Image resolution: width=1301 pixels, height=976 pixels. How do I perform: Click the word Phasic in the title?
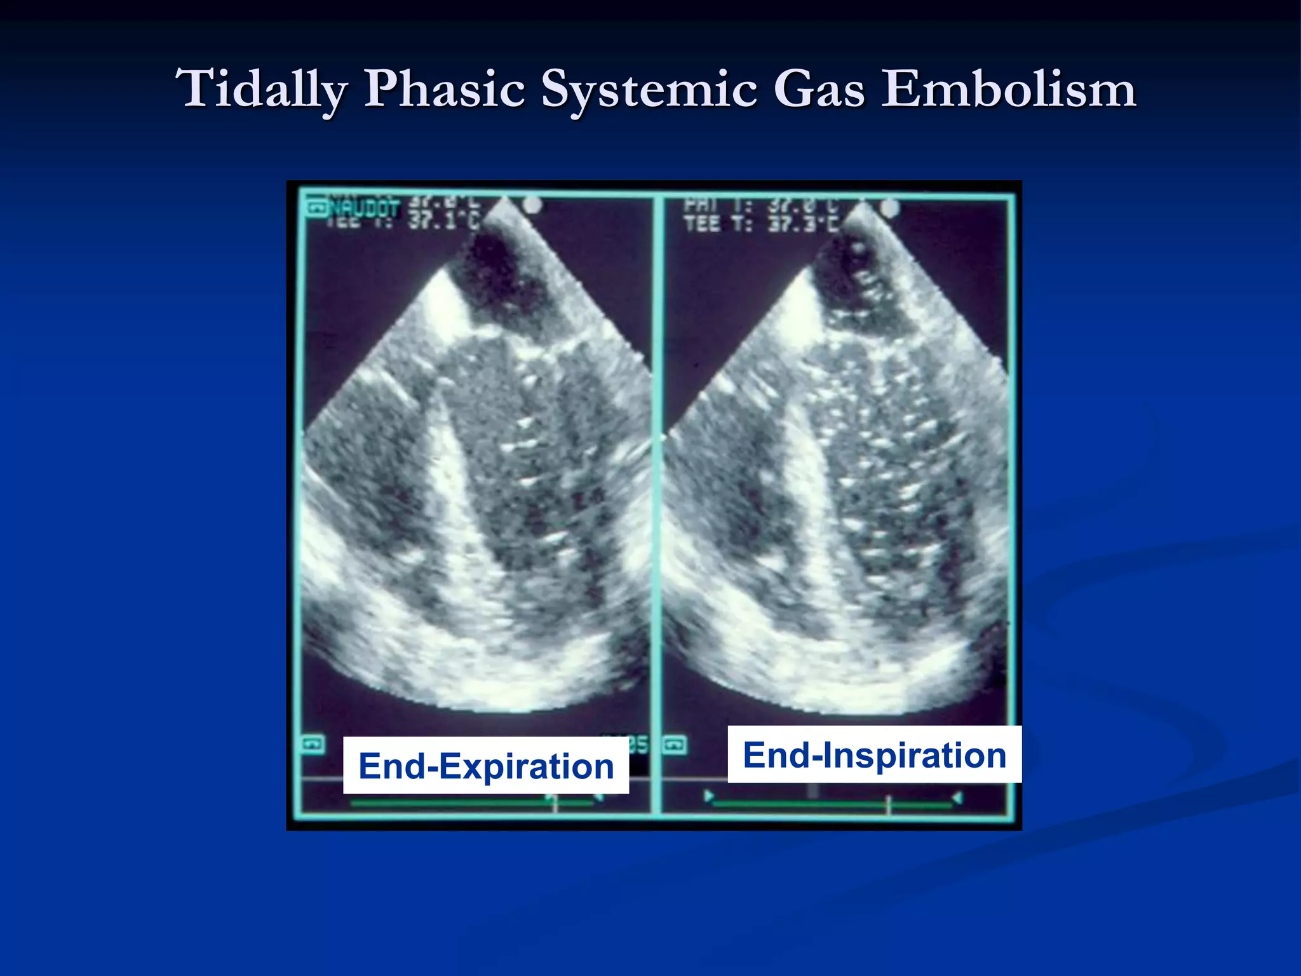[x=444, y=89]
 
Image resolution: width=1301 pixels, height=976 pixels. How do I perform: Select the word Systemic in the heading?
[x=649, y=89]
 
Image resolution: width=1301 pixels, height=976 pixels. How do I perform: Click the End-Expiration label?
[x=486, y=766]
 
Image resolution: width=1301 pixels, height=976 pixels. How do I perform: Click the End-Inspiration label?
[x=874, y=754]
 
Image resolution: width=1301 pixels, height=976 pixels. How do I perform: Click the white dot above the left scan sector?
[x=532, y=205]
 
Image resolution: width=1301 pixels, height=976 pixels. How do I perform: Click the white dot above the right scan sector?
[x=890, y=207]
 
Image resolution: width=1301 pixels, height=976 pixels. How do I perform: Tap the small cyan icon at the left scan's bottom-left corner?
[x=313, y=744]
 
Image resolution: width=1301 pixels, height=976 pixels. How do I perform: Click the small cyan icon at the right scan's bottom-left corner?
[x=675, y=744]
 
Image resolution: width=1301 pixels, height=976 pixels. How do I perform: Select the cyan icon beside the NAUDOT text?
[x=316, y=208]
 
